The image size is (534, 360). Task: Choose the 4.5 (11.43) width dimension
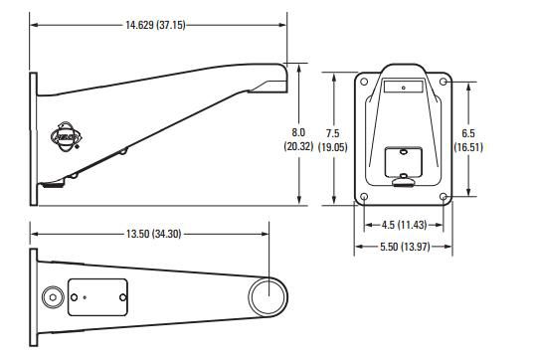pos(405,225)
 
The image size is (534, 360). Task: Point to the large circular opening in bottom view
pos(267,296)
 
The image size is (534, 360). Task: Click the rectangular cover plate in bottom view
pos(97,296)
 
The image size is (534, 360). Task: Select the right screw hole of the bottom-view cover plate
pos(120,296)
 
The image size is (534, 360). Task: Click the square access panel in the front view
pos(404,159)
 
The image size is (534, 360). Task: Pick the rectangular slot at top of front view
pos(404,89)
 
